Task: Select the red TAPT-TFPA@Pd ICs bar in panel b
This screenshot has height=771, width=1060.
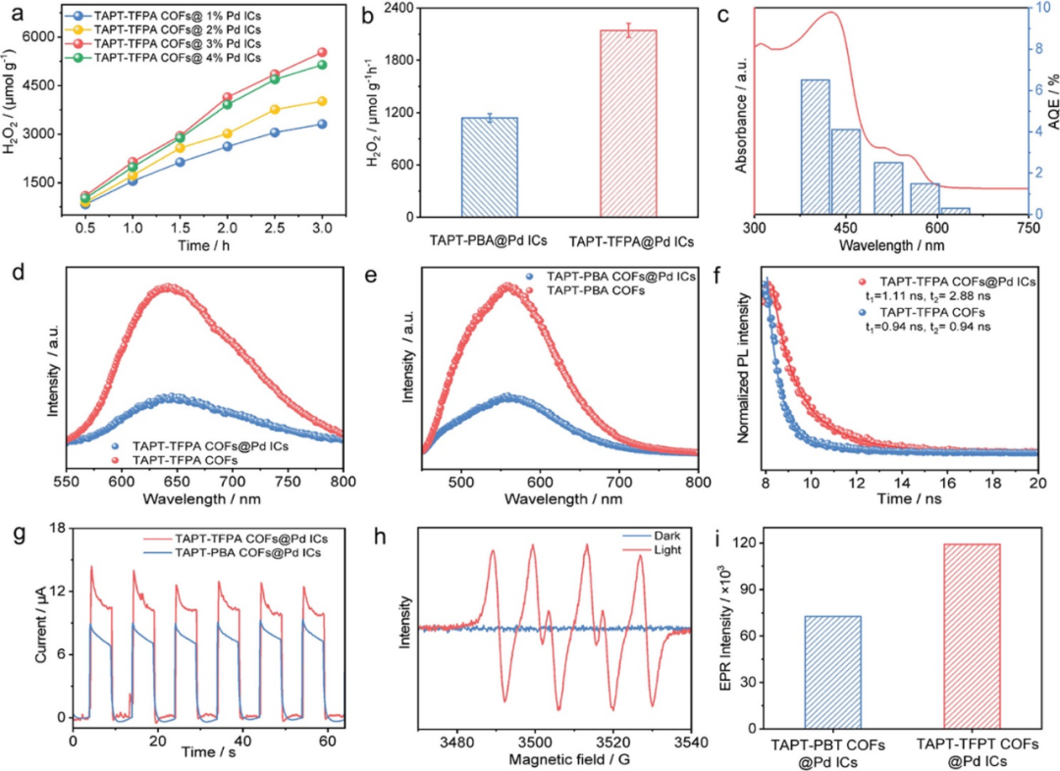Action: point(627,124)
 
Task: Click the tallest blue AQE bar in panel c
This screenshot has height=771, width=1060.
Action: point(815,147)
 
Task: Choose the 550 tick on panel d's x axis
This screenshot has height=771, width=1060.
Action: point(66,483)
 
